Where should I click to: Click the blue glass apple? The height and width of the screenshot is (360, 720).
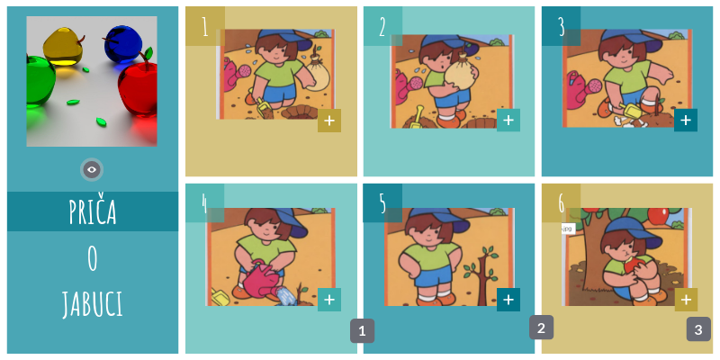122,43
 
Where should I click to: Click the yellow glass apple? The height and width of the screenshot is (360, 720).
63,47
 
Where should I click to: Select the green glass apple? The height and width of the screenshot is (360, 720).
40,82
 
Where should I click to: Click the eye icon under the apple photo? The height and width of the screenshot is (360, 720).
92,170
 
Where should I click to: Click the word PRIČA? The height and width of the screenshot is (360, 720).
93,211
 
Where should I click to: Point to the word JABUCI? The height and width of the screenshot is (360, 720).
93,304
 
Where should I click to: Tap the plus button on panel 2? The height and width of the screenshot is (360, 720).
508,121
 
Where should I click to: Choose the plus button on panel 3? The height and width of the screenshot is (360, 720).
686,121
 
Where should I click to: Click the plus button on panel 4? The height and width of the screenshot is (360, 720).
329,300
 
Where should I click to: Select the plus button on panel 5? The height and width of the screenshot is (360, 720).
508,300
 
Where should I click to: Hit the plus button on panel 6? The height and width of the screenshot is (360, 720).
686,300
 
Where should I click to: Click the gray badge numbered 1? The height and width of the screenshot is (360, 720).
363,330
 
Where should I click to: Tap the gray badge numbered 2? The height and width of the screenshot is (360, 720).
541,328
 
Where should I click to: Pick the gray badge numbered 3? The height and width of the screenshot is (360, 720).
698,329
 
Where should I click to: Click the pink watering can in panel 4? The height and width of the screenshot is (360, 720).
262,280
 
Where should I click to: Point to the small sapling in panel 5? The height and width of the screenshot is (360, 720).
481,274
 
